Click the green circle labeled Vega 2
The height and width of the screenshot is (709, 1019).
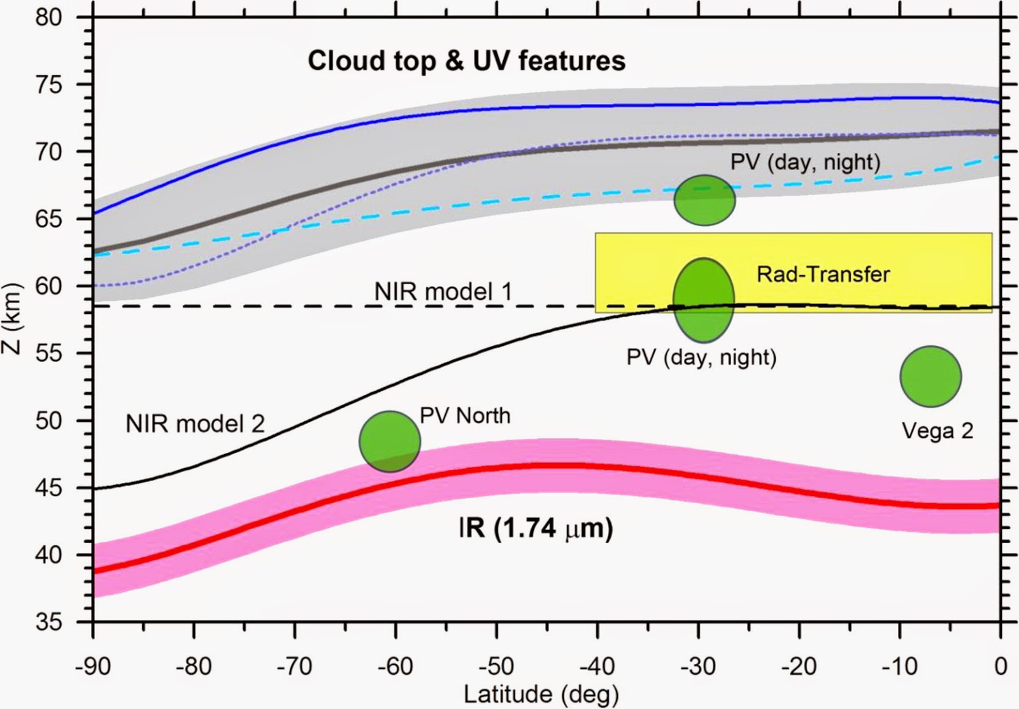(x=930, y=376)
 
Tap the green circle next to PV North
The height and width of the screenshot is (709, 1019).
(x=390, y=441)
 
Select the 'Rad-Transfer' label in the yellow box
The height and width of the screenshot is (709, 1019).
(x=823, y=275)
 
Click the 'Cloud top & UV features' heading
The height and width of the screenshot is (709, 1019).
(x=467, y=61)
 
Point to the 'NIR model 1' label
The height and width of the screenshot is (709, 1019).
(x=443, y=292)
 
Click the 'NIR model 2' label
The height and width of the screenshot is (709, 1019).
(x=195, y=424)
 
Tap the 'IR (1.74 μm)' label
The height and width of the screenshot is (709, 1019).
(x=536, y=529)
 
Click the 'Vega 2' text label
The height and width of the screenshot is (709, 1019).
(x=937, y=431)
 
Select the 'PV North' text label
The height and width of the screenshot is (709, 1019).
(x=465, y=415)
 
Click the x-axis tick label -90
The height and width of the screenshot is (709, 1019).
(x=93, y=667)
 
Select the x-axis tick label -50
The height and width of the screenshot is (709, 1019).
(x=497, y=667)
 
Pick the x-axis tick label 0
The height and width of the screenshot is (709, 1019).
(x=1001, y=667)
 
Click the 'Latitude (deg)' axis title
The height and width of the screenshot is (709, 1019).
(x=541, y=694)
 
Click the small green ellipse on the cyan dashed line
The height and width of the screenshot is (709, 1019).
(x=704, y=200)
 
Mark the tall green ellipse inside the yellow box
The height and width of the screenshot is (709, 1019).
(x=704, y=299)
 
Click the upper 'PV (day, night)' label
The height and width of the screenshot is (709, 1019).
(x=805, y=162)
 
